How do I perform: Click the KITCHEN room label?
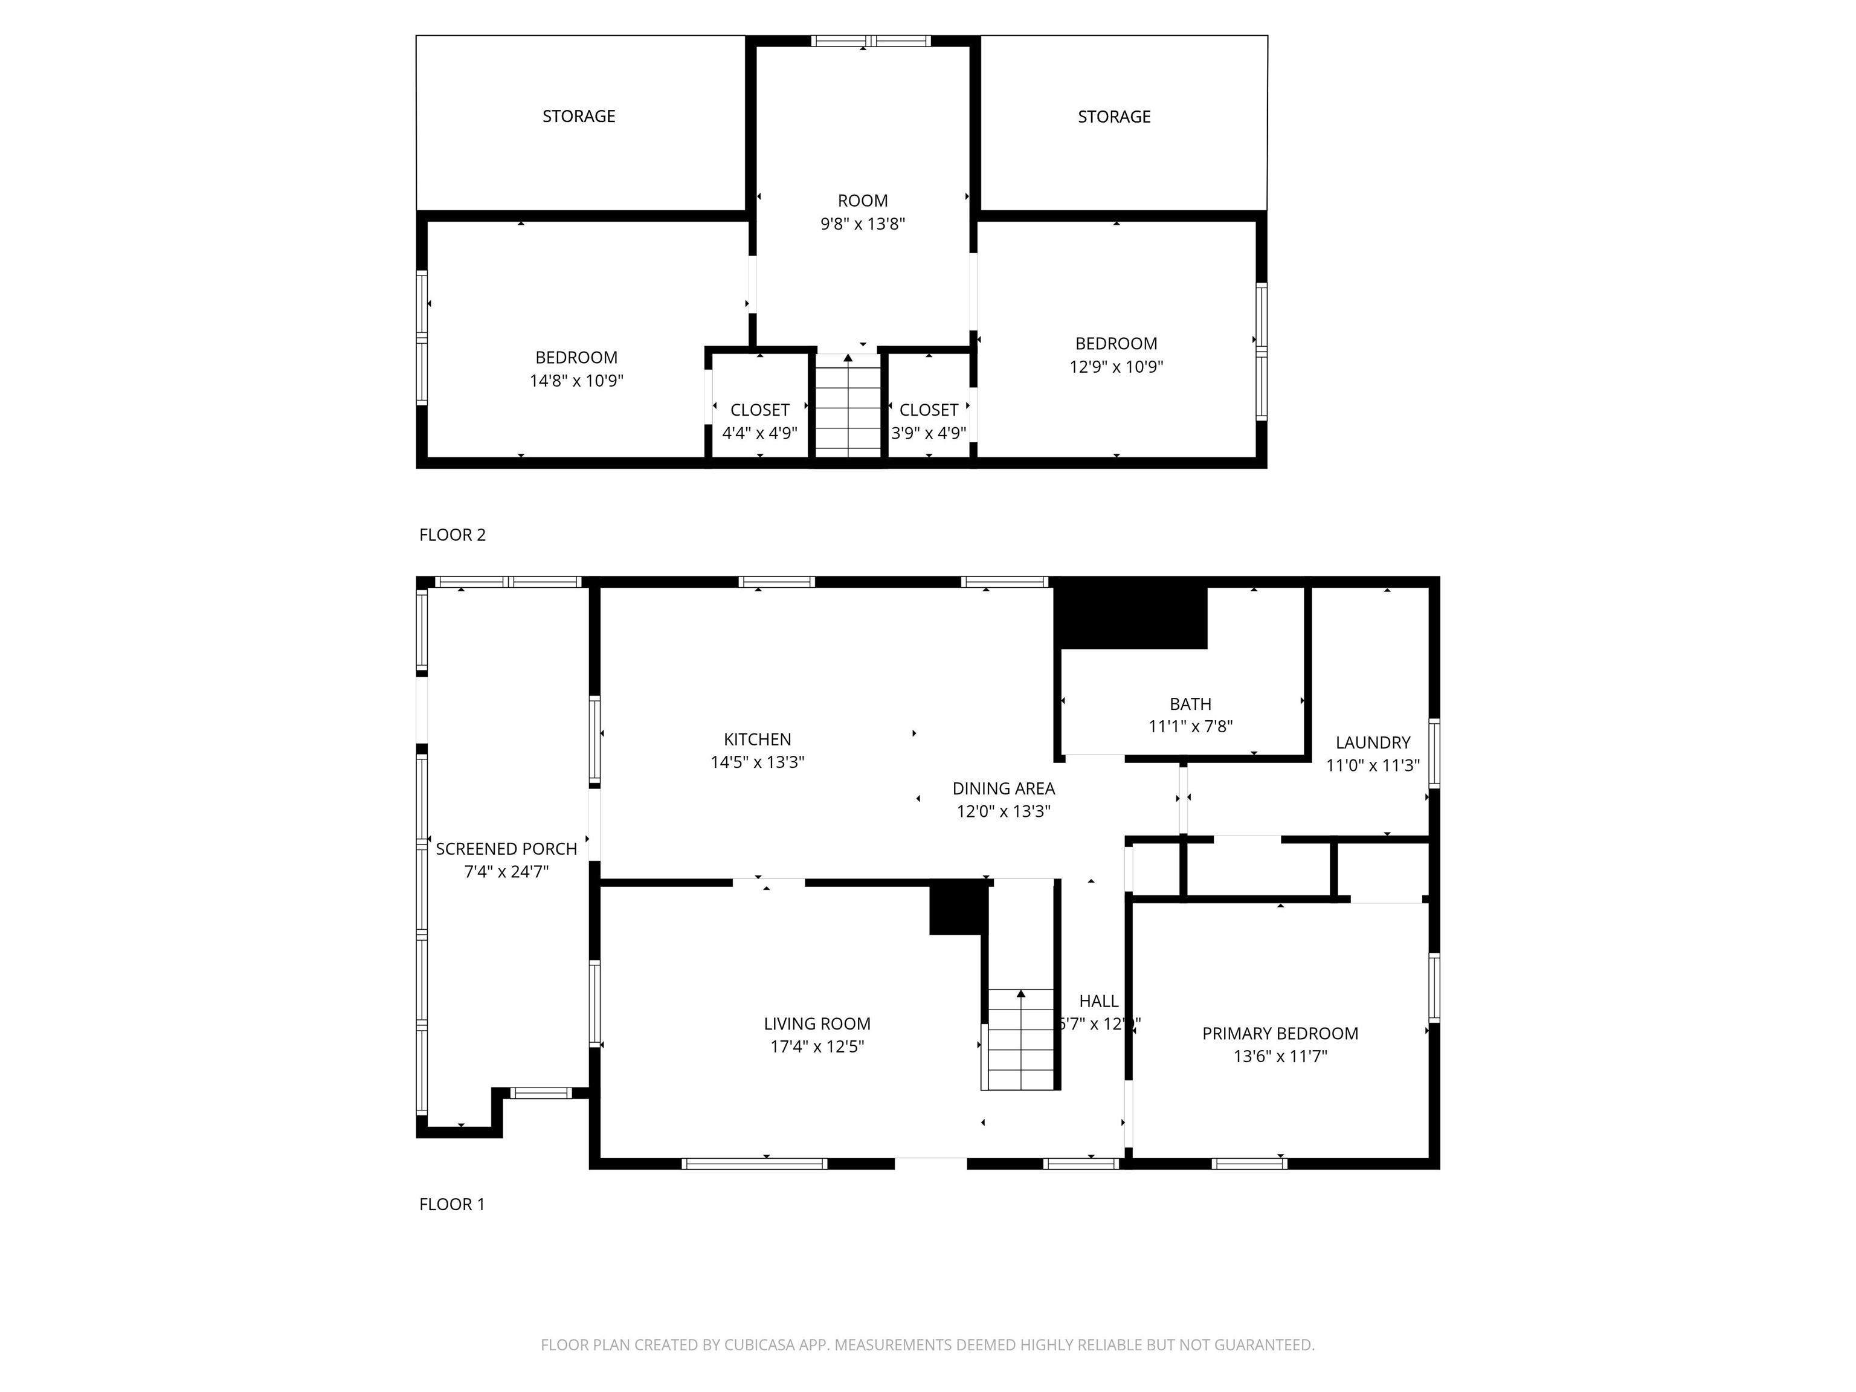point(757,739)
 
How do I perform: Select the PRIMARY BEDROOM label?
point(1280,1034)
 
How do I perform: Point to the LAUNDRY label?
point(1373,743)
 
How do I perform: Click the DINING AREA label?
point(1004,788)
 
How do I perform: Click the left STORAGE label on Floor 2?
point(579,117)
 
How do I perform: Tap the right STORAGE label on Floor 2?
point(1113,117)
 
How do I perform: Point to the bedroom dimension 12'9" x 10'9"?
point(1116,367)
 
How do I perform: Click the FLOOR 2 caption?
point(453,535)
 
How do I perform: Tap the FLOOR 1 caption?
point(453,1204)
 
